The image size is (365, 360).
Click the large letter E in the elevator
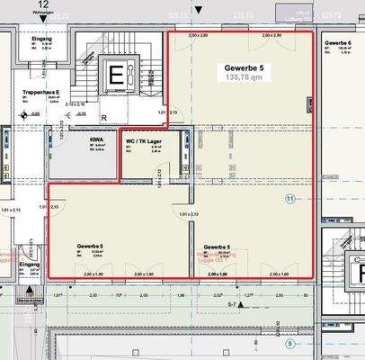tap(115, 76)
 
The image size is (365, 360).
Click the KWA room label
tap(95, 139)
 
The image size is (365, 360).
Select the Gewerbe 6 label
tap(338, 43)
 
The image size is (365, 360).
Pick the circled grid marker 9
tap(289, 343)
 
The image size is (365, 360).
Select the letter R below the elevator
tap(104, 117)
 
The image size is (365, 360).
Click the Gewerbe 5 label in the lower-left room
tap(90, 246)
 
